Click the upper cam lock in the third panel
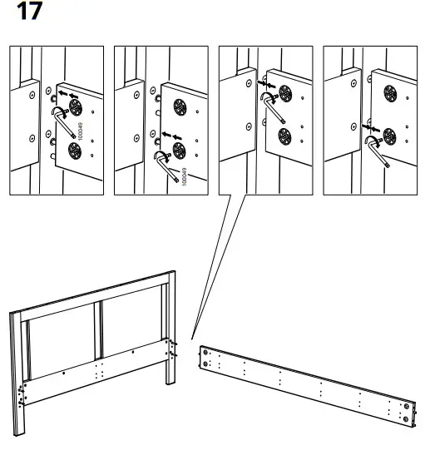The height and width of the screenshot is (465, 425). (285, 92)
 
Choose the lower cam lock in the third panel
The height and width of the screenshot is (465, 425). (284, 136)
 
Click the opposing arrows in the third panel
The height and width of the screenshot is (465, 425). (264, 84)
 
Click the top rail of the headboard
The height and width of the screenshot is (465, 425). (91, 291)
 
